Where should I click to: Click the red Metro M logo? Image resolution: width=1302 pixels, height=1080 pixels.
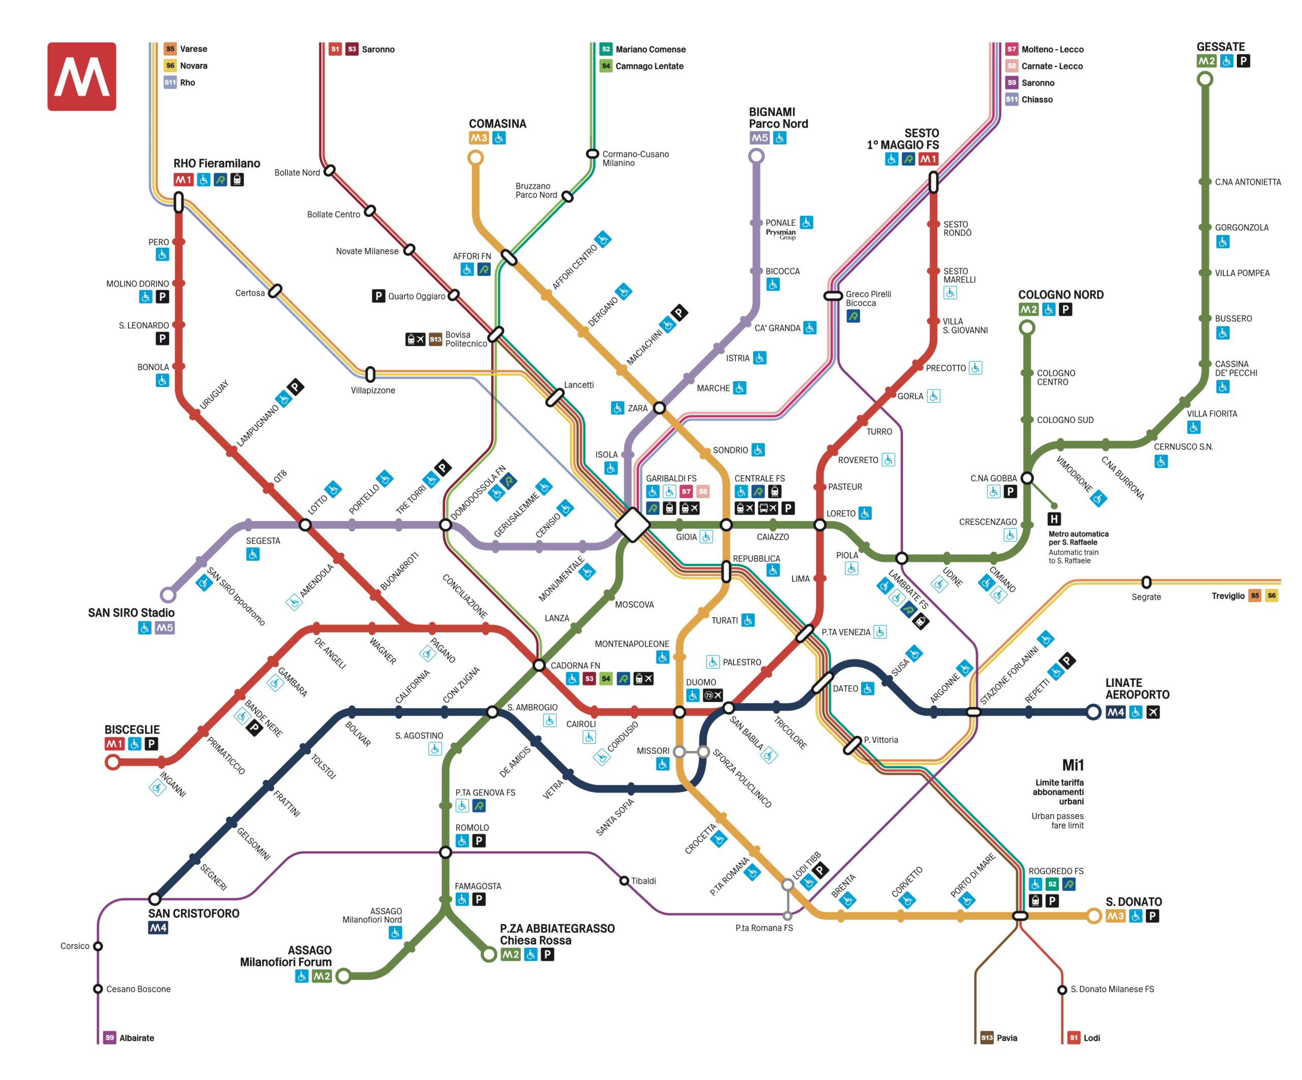click(x=81, y=76)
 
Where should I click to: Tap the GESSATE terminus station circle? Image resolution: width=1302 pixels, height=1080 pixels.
click(x=1205, y=79)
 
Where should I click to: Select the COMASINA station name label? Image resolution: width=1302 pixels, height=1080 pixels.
click(x=497, y=124)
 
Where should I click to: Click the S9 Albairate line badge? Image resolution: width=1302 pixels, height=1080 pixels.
click(x=110, y=1037)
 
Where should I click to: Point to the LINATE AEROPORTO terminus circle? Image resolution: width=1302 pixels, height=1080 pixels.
click(x=1093, y=712)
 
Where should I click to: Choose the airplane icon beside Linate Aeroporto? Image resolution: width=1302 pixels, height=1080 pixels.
click(x=1152, y=712)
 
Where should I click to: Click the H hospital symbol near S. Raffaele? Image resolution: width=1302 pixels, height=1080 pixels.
click(x=1054, y=518)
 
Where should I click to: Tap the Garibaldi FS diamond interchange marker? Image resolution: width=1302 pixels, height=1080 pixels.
click(x=632, y=525)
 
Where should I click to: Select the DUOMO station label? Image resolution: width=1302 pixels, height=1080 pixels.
click(x=701, y=682)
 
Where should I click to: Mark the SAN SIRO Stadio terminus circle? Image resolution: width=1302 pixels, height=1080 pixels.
click(x=167, y=594)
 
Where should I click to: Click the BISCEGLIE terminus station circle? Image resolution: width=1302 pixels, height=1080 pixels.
click(x=113, y=761)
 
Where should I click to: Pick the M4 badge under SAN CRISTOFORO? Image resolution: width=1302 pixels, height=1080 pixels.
click(x=158, y=927)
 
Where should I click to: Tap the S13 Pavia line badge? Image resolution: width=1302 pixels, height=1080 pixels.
click(x=987, y=1037)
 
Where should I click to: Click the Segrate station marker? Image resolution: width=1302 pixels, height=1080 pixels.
click(x=1146, y=582)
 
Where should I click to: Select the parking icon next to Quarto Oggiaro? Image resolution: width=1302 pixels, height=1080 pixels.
click(x=378, y=296)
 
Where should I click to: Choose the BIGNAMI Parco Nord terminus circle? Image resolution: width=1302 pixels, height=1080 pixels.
click(x=756, y=156)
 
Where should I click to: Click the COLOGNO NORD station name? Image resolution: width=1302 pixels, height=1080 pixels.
click(x=1060, y=294)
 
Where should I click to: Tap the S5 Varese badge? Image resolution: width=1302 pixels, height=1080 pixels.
click(x=170, y=49)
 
